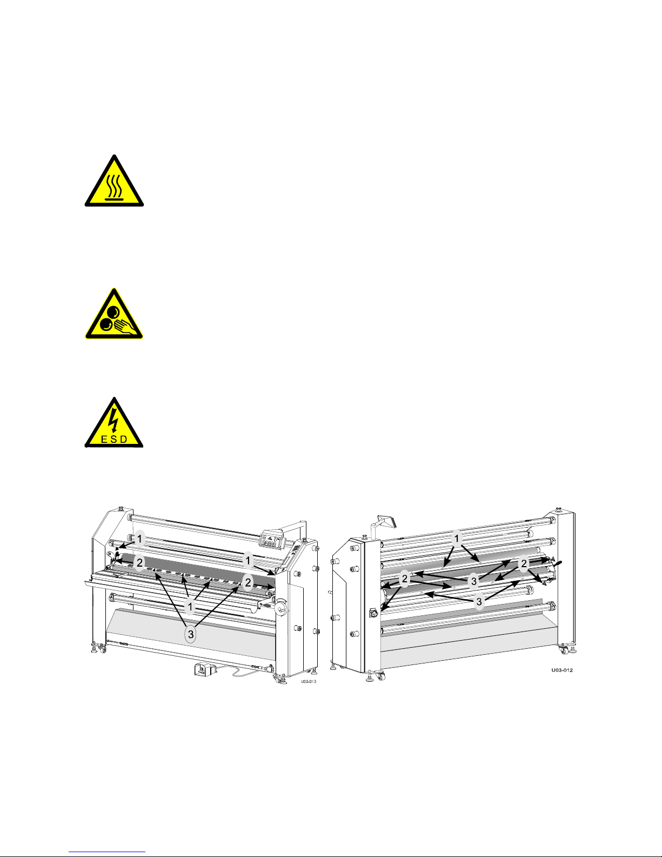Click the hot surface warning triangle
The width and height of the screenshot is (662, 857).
114,182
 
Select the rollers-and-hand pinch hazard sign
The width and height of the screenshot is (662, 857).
114,314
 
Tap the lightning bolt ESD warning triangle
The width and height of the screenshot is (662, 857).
114,423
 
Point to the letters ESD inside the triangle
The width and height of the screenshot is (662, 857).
114,440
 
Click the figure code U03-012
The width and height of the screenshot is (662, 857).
562,670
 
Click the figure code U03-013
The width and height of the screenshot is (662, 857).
309,681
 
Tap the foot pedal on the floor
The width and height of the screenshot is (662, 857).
205,670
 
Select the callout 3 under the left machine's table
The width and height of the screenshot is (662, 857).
191,634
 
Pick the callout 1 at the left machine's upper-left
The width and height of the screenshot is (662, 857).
139,539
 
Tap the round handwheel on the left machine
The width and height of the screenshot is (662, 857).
281,608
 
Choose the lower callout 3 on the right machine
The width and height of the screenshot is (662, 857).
479,602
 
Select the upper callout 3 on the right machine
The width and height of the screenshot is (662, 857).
474,581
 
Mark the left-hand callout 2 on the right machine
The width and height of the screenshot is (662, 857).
405,579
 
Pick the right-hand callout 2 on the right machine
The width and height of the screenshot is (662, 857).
524,564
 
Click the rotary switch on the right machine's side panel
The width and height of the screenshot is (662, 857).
373,613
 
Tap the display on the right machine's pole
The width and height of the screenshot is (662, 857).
387,521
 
